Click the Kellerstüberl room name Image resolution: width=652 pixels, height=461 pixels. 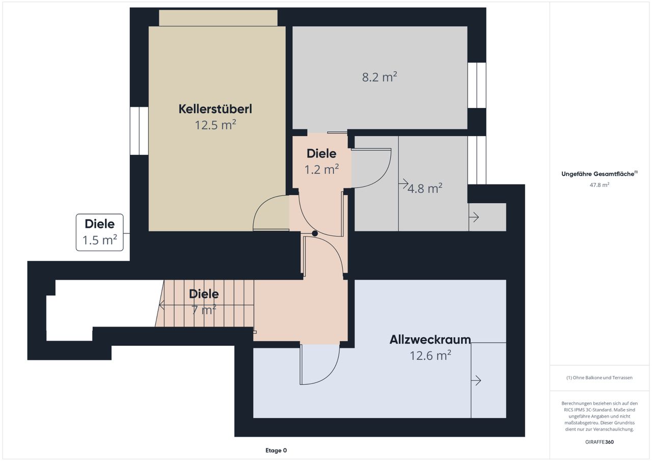click(215, 109)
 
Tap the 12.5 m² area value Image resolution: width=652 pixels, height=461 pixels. click(215, 125)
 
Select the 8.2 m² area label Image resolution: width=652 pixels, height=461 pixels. click(379, 77)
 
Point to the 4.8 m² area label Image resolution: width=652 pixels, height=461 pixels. click(425, 188)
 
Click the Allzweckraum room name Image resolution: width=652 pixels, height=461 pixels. click(430, 340)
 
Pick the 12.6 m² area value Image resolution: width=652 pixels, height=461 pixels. click(430, 356)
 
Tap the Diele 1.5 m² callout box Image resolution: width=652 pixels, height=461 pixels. click(99, 232)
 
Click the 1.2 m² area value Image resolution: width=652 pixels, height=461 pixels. click(321, 170)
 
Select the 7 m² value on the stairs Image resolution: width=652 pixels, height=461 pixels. click(204, 310)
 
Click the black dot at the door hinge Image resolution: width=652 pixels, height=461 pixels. click(315, 233)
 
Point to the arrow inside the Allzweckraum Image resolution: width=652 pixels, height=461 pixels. click(476, 381)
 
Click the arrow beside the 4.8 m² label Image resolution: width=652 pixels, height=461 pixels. click(403, 184)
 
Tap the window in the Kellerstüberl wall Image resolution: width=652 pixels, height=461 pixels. click(139, 131)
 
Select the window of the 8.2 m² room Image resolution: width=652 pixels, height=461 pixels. click(477, 85)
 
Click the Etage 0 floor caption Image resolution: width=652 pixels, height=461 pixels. click(276, 450)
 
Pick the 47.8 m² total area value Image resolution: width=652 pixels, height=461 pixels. click(600, 185)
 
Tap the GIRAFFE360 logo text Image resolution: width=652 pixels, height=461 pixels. click(600, 442)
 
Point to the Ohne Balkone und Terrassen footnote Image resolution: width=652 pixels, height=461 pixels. click(600, 377)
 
